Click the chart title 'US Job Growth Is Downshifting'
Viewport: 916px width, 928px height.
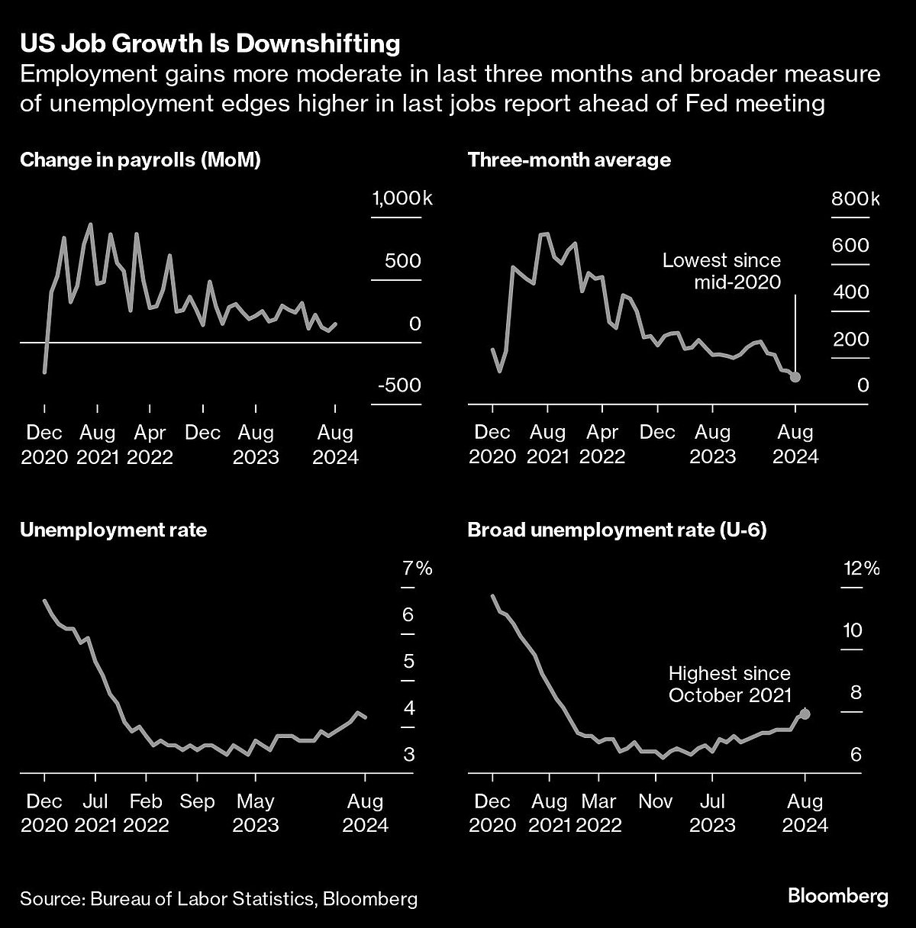210,43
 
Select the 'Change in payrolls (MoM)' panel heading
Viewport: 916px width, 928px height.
140,160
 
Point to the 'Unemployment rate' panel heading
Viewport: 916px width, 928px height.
113,530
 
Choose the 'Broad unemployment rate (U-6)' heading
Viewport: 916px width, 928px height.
617,530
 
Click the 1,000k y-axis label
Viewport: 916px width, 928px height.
402,199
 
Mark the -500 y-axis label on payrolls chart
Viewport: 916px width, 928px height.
398,385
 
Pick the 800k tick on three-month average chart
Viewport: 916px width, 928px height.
855,199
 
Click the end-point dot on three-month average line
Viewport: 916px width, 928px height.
795,377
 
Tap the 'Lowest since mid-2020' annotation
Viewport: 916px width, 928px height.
721,271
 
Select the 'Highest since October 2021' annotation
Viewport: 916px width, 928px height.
729,685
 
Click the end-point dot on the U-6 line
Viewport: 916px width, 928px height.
805,714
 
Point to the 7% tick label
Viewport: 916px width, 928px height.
416,569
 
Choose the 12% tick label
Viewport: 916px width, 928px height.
860,569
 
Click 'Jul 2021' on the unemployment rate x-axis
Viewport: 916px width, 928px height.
95,814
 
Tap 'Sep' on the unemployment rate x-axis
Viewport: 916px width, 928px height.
197,802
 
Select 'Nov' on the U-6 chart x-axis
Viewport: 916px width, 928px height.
655,802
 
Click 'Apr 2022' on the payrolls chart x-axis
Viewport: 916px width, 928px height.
150,445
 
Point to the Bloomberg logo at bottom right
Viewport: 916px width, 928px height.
837,896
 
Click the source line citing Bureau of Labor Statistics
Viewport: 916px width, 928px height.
219,898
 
